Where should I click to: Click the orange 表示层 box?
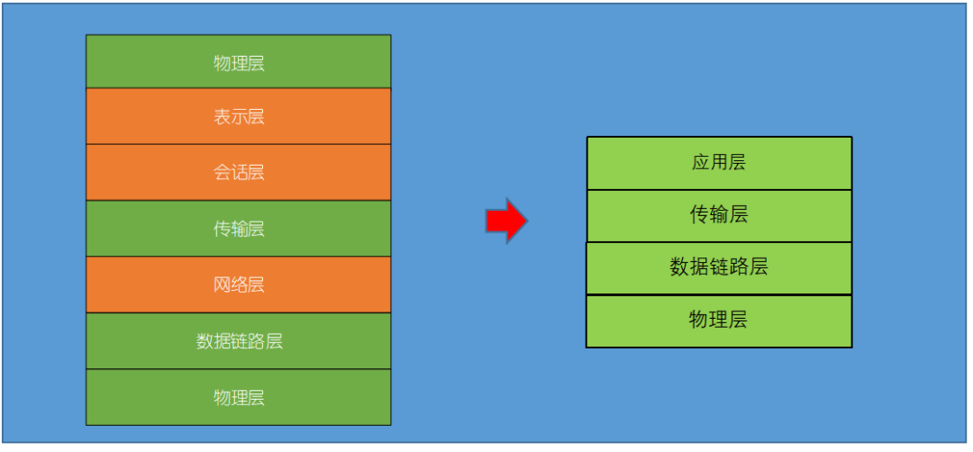(x=239, y=116)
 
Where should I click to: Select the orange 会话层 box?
(x=239, y=172)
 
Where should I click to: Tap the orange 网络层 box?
(x=239, y=285)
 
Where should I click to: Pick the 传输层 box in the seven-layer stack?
(x=239, y=229)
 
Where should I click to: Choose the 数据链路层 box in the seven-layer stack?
(x=239, y=341)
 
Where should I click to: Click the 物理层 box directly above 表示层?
(x=239, y=62)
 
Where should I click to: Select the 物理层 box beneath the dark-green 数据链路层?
(x=239, y=397)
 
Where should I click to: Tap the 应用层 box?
(x=718, y=163)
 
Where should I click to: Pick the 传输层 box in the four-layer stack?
(x=718, y=215)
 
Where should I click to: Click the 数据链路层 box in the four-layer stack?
(x=718, y=267)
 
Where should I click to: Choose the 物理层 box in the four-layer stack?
(x=718, y=320)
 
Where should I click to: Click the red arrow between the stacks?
(x=505, y=221)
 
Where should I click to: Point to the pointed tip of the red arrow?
(x=526, y=221)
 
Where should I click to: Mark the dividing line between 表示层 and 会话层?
(x=239, y=144)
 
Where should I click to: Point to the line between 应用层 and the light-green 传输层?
(x=718, y=189)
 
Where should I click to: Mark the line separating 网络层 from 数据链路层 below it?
(x=239, y=312)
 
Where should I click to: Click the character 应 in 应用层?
(x=700, y=163)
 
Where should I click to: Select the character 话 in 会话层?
(x=239, y=172)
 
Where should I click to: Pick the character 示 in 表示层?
(x=239, y=116)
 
